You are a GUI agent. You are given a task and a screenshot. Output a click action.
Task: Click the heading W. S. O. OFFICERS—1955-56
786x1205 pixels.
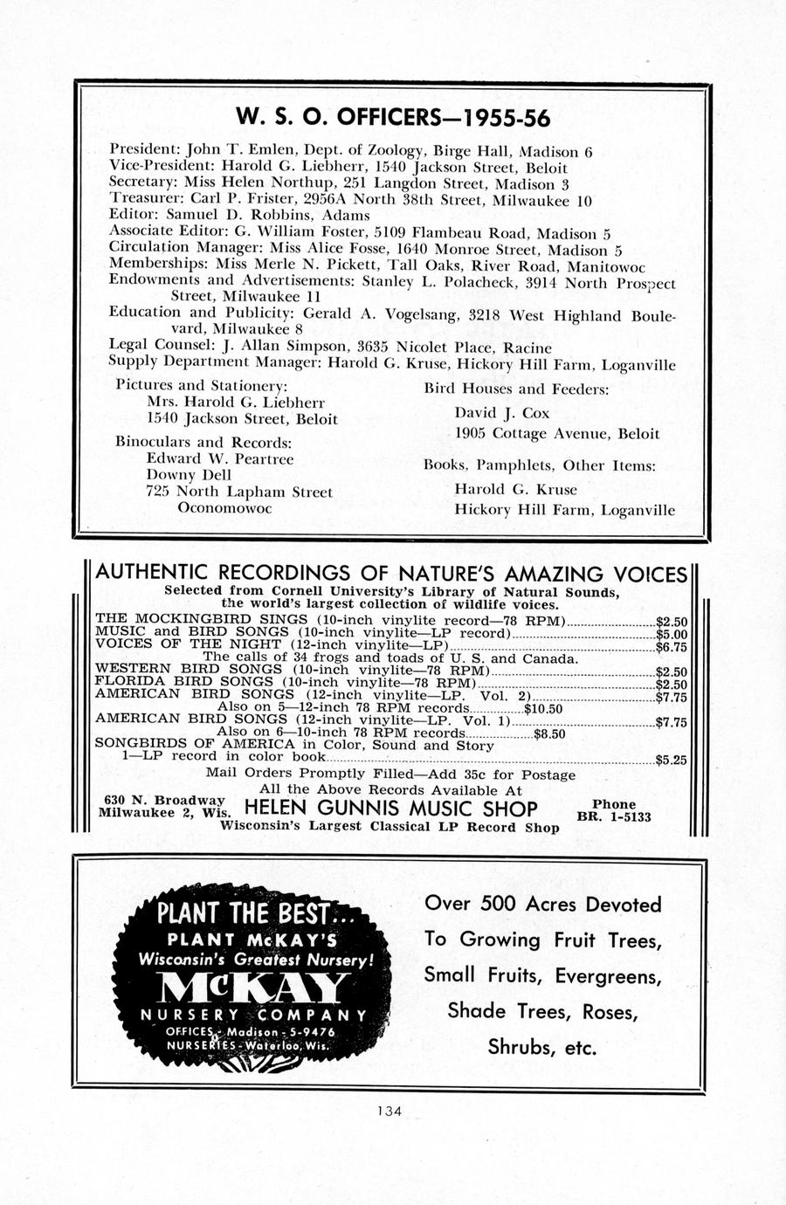click(x=393, y=118)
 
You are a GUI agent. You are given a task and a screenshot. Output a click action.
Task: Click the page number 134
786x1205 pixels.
click(x=389, y=1112)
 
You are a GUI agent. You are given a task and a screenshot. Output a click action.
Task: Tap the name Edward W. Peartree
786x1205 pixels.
click(x=219, y=459)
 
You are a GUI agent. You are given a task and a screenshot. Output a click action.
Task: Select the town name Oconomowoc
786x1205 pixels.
click(x=224, y=507)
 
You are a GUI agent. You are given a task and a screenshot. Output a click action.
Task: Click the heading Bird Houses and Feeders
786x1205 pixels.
click(x=516, y=389)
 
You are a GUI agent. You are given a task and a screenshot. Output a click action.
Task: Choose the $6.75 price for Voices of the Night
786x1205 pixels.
click(x=671, y=647)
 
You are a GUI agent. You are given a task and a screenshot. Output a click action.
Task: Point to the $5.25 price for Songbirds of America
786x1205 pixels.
click(x=671, y=760)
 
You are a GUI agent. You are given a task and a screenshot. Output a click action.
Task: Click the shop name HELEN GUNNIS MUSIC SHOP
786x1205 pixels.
click(x=391, y=808)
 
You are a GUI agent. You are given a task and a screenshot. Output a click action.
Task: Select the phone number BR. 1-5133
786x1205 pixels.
click(x=614, y=817)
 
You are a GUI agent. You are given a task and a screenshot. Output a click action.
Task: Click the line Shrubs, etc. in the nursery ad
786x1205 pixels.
click(x=541, y=1047)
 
